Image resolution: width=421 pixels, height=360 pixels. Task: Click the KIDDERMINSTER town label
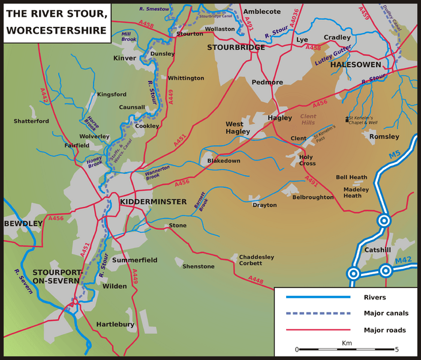point(153,202)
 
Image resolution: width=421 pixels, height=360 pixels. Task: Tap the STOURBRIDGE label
point(236,47)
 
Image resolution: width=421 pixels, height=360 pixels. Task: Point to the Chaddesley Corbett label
point(257,260)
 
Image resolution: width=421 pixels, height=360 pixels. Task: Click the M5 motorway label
point(394,155)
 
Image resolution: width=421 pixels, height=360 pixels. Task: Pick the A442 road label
point(43,95)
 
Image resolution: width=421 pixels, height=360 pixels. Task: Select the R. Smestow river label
point(154,9)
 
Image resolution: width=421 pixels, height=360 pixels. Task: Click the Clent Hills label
point(308,119)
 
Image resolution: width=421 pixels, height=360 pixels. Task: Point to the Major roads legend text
point(384,330)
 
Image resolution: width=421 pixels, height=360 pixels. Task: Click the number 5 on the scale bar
point(397,349)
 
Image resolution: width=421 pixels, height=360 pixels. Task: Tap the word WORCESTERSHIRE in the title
point(56,31)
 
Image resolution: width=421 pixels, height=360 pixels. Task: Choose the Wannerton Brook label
point(158,172)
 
